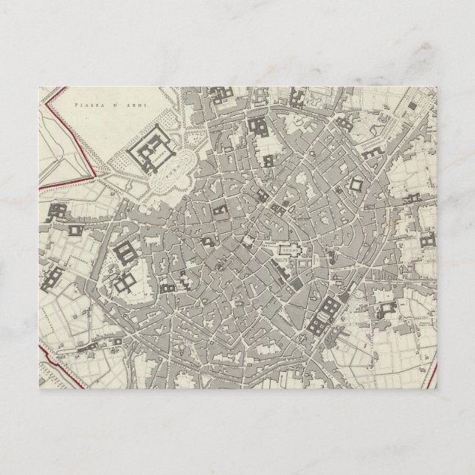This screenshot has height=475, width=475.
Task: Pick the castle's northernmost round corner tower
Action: tap(156, 125)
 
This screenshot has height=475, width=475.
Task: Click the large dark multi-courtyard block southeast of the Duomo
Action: tap(323, 314)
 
